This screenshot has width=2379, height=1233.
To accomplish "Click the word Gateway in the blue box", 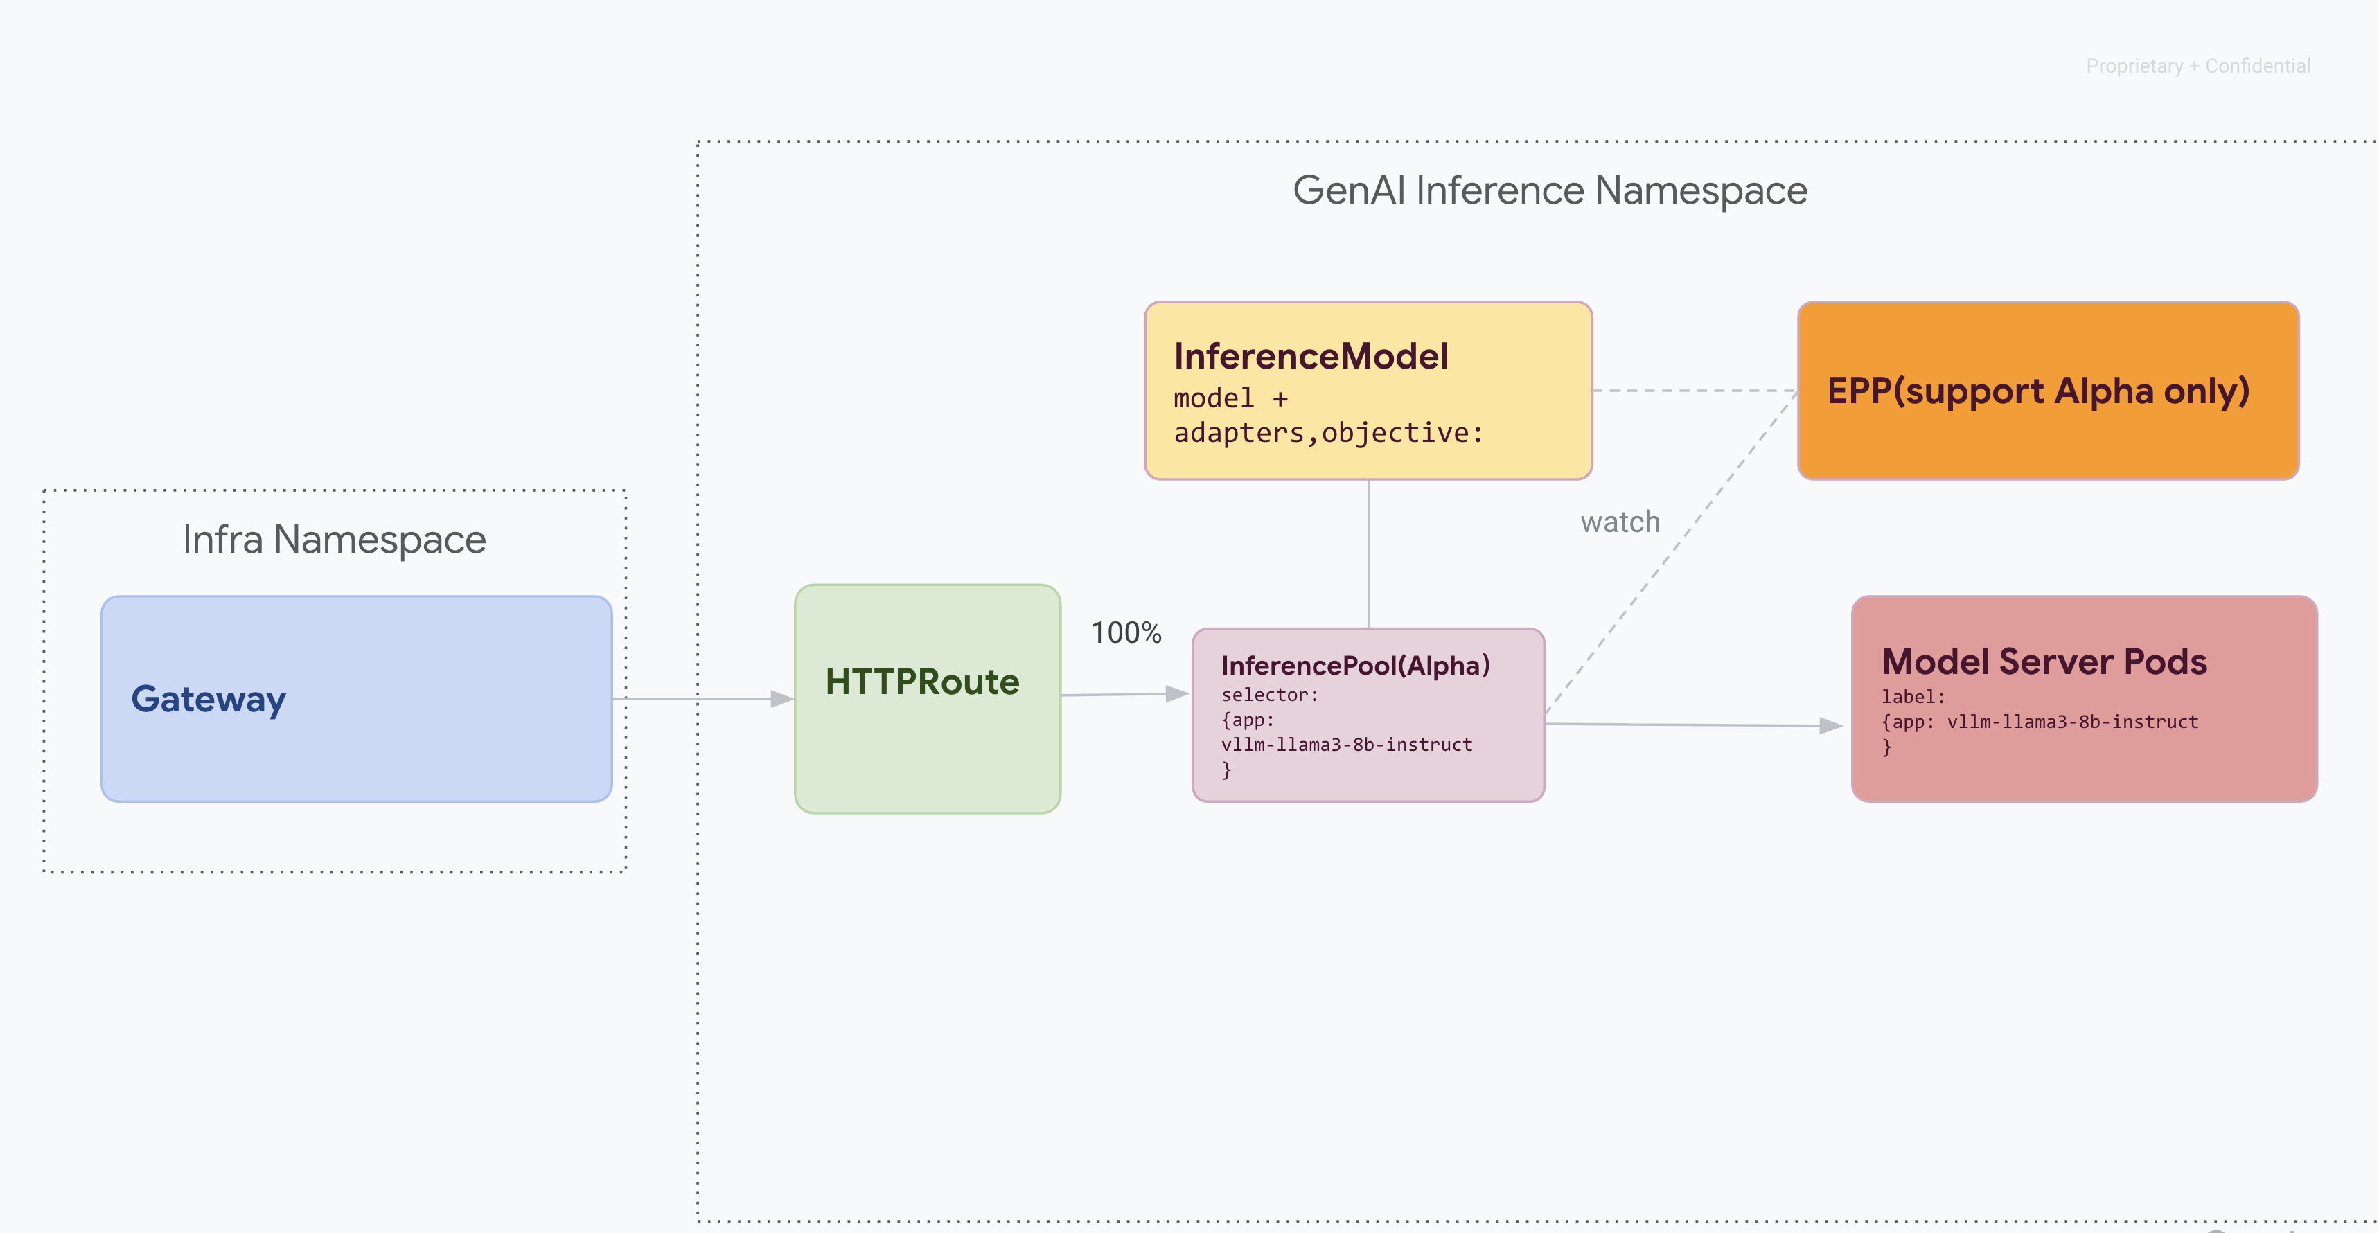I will (208, 699).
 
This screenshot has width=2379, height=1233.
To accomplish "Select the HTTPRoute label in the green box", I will (921, 682).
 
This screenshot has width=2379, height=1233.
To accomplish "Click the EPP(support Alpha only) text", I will (2037, 391).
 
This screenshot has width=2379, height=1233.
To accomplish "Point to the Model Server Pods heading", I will (2044, 662).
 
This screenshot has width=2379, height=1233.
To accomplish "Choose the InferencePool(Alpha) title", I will (1355, 665).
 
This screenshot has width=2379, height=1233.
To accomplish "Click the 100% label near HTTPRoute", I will (1125, 632).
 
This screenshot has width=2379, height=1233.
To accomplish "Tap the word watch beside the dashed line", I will (1619, 522).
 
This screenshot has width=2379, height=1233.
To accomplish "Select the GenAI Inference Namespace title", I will (1549, 190).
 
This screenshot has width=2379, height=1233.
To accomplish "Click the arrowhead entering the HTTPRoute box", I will (781, 699).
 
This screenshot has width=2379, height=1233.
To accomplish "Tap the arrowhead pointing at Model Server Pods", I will (1830, 726).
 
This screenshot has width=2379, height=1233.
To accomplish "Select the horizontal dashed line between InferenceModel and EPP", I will (1695, 391).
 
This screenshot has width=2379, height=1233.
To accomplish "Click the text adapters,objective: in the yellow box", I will (1327, 432).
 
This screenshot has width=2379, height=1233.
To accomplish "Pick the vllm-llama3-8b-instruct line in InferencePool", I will (1345, 745).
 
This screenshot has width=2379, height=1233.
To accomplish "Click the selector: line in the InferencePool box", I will (1269, 695).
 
